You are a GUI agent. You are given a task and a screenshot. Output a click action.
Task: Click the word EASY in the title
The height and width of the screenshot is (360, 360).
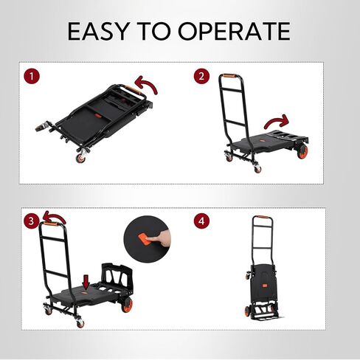pos(98,31)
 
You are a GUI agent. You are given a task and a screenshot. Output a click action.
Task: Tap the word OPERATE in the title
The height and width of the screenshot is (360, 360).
pos(234,31)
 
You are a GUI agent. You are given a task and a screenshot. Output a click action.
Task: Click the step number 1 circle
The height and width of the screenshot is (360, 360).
pos(32,77)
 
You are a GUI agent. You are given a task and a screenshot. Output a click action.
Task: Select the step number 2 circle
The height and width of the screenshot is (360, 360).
pos(201,76)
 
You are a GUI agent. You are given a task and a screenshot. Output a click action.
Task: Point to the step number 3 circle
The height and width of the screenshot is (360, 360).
pos(31,221)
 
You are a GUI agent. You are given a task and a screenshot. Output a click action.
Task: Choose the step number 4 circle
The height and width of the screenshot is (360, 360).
pos(201,221)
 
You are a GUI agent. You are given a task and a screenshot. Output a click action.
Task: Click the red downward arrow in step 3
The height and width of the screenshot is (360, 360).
pos(86,282)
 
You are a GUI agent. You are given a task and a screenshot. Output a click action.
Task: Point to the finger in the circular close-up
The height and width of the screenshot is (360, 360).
pos(159,238)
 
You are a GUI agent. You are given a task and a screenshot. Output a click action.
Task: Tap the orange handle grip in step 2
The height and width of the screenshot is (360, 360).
pos(229,76)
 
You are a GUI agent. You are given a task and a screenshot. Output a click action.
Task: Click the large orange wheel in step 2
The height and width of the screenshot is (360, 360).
pos(302,151)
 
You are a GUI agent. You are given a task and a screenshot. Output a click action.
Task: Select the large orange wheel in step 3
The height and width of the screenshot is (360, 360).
pos(127,305)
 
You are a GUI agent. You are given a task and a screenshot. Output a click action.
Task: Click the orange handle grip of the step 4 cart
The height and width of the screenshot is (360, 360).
pos(262,217)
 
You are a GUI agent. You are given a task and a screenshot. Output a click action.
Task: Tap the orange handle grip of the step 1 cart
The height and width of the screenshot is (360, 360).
pos(134,91)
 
